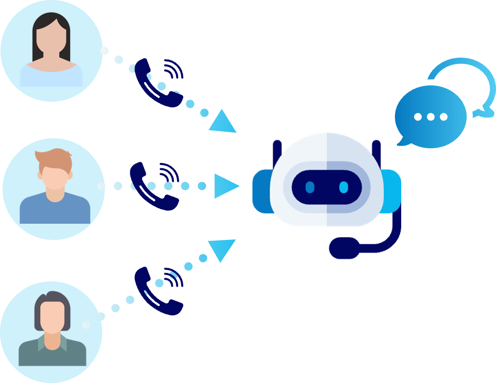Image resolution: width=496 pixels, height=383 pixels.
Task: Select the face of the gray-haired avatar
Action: point(52,316)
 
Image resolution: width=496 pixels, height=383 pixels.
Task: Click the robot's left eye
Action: point(310,187)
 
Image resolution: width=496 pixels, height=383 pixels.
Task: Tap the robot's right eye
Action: point(344,187)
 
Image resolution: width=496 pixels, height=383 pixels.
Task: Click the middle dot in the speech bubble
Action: point(431,117)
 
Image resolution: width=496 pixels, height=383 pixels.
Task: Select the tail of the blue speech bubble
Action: point(402,140)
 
